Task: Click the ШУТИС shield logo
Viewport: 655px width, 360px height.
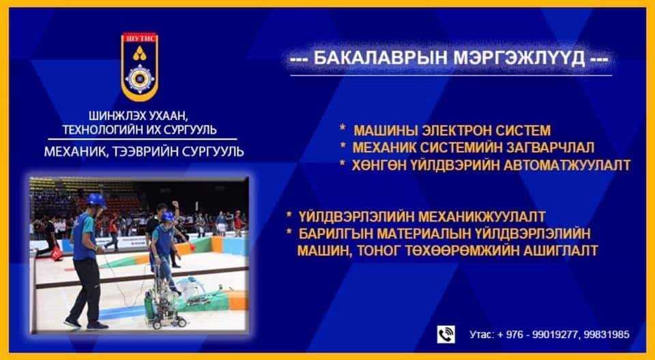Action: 140,67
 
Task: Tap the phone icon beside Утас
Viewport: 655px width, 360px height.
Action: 446,335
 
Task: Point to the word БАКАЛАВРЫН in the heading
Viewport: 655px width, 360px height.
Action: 381,59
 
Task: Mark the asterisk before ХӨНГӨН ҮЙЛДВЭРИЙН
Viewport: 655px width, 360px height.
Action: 343,164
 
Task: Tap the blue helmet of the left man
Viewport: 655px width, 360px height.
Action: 96,200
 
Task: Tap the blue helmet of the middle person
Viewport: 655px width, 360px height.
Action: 168,217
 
